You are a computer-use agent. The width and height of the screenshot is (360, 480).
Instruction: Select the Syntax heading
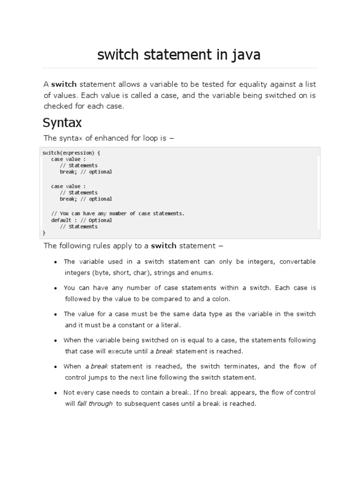tap(62, 123)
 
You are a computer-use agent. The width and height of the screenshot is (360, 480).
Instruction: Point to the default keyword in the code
tap(61, 220)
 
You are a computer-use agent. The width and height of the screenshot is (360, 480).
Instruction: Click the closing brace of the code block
tap(44, 232)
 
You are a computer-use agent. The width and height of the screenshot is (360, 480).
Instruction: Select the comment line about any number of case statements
tap(118, 213)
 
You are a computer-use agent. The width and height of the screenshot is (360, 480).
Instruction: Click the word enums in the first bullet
tap(202, 272)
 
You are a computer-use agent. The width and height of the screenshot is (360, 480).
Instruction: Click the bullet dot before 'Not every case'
tap(56, 393)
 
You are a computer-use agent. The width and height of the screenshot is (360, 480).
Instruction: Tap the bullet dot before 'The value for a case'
tap(56, 314)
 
